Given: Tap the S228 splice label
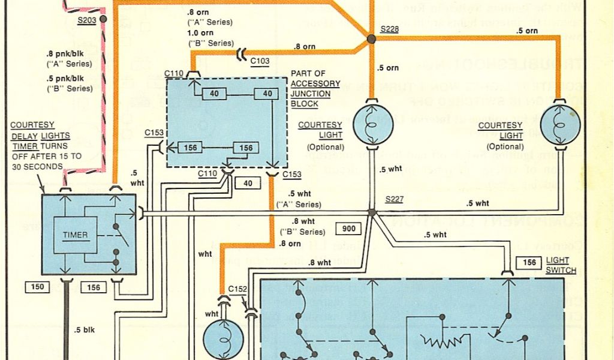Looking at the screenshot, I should click(389, 29).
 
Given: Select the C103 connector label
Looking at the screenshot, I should click(260, 61).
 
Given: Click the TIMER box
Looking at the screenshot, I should click(75, 235).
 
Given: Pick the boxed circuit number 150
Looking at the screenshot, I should click(37, 287).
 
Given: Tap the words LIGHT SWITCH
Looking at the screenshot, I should click(561, 266).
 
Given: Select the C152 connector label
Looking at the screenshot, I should click(237, 289).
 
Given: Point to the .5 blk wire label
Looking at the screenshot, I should click(85, 329).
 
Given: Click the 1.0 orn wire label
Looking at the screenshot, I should click(200, 32).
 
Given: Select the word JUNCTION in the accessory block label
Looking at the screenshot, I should click(310, 93).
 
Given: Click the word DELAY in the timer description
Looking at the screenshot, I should click(23, 136).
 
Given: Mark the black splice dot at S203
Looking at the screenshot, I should click(103, 19).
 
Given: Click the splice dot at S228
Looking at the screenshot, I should click(371, 39).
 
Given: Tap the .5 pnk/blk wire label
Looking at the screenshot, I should click(69, 79).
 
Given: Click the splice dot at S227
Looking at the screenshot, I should click(372, 212).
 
